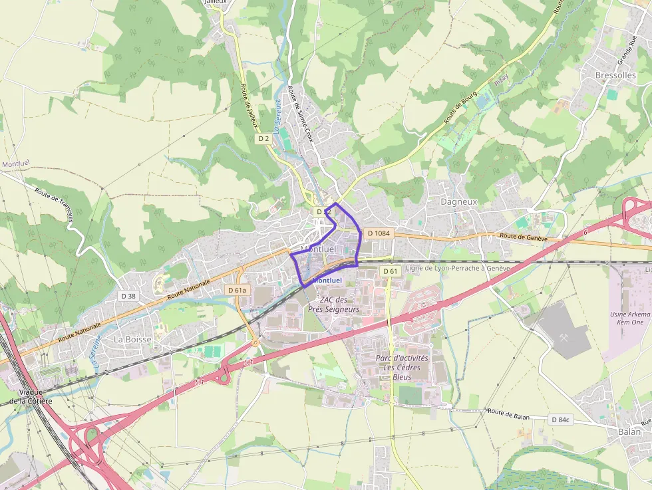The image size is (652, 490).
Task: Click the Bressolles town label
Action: [x=615, y=75]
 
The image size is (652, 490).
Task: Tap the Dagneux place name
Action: [x=459, y=201]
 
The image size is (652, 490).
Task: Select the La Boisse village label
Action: [x=132, y=339]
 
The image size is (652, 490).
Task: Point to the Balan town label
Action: [x=629, y=431]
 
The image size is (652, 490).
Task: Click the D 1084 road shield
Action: [x=378, y=233]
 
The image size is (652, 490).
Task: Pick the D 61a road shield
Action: [x=237, y=290]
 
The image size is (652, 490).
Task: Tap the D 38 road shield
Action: [x=128, y=295]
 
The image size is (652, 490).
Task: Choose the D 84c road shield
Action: [x=562, y=420]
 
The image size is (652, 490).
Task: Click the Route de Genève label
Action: [x=523, y=237]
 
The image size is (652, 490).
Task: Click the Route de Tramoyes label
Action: [x=55, y=203]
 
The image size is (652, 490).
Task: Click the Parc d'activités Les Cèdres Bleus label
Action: [x=402, y=367]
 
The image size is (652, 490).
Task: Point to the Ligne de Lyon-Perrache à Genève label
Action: [x=457, y=268]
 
